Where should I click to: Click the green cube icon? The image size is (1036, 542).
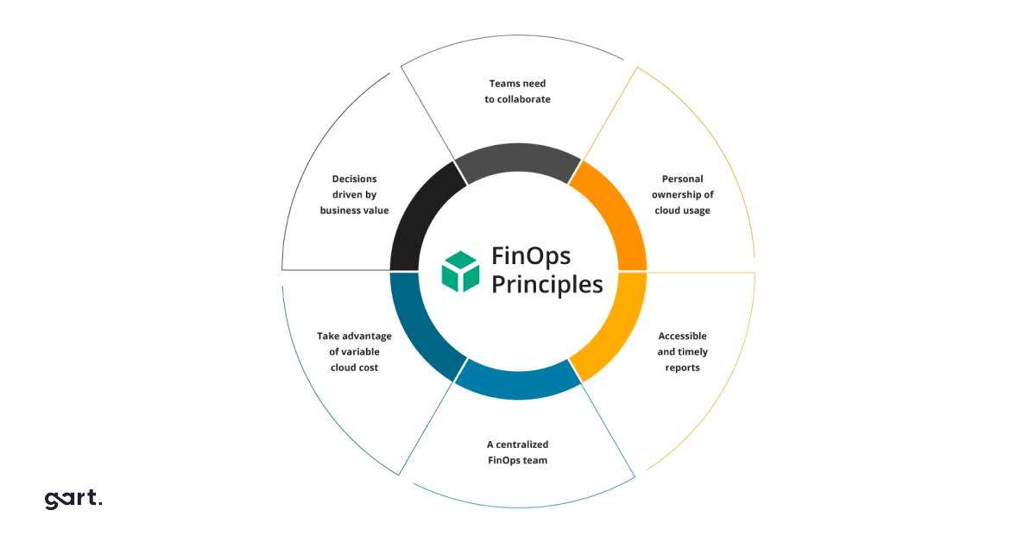pyautogui.click(x=460, y=272)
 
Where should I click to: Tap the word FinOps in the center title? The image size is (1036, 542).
pyautogui.click(x=531, y=256)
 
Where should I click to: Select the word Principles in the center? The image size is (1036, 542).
pyautogui.click(x=547, y=284)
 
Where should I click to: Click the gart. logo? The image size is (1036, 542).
pyautogui.click(x=73, y=500)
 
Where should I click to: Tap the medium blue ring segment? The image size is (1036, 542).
pyautogui.click(x=518, y=384)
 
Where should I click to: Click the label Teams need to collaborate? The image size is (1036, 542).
pyautogui.click(x=517, y=91)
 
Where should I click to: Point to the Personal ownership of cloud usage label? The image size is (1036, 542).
pyautogui.click(x=683, y=195)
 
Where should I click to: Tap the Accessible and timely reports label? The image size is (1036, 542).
pyautogui.click(x=683, y=352)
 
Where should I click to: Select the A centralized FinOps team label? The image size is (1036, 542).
pyautogui.click(x=517, y=452)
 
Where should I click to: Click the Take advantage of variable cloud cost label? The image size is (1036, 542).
pyautogui.click(x=354, y=352)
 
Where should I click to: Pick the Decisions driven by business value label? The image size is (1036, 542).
pyautogui.click(x=354, y=195)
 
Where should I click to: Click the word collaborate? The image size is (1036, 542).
pyautogui.click(x=524, y=99)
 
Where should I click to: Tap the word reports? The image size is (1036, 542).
pyautogui.click(x=683, y=369)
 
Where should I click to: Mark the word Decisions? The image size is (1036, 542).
pyautogui.click(x=354, y=179)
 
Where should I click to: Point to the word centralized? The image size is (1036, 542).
pyautogui.click(x=522, y=444)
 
